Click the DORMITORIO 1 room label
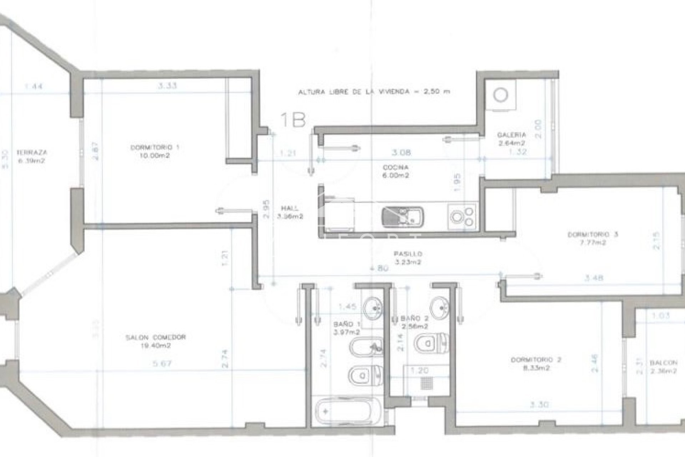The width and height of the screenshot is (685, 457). point(154,147)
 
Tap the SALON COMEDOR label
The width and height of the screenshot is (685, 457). point(156,337)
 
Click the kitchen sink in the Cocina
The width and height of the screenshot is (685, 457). point(402,216)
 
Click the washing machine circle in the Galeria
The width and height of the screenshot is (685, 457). point(501,95)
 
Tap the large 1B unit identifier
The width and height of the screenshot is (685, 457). point(293,120)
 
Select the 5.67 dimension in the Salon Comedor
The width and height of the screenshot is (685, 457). point(162,364)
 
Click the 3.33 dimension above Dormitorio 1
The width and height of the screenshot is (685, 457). point(167,86)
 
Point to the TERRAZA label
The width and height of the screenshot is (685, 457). point(32,152)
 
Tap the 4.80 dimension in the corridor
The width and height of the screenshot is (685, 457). point(379,269)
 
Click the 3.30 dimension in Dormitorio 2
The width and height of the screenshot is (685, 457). point(539,405)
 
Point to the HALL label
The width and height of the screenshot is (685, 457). point(289,209)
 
